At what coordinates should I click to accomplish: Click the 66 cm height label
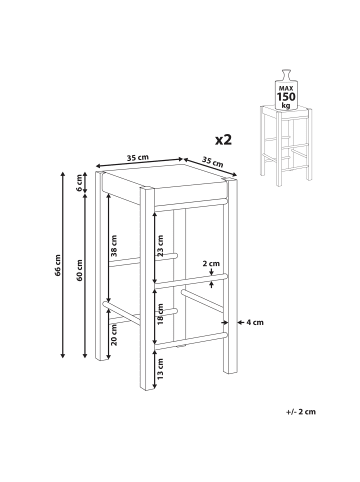pos(58,265)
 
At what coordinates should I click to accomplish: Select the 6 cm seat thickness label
pos(79,183)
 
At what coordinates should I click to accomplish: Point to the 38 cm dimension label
pos(114,245)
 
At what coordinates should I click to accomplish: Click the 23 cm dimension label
pos(160,245)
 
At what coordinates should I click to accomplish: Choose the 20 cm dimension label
pos(114,335)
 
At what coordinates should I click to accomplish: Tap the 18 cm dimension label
pos(160,314)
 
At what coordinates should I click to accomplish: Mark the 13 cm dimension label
pos(160,369)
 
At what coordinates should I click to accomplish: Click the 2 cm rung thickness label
pos(211,263)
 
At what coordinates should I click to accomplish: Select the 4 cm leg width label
pos(255,322)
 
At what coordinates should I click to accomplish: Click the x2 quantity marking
pos(223,140)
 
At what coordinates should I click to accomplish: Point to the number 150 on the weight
pos(286,97)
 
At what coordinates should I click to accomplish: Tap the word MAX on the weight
pos(286,88)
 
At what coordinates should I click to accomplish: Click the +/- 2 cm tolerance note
pos(300,412)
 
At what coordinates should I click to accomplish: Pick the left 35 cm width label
pos(138,158)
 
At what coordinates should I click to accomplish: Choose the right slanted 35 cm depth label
pos(212,162)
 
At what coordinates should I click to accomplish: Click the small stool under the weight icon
pos(286,145)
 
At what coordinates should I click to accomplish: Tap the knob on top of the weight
pos(286,74)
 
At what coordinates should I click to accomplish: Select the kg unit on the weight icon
pos(286,105)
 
